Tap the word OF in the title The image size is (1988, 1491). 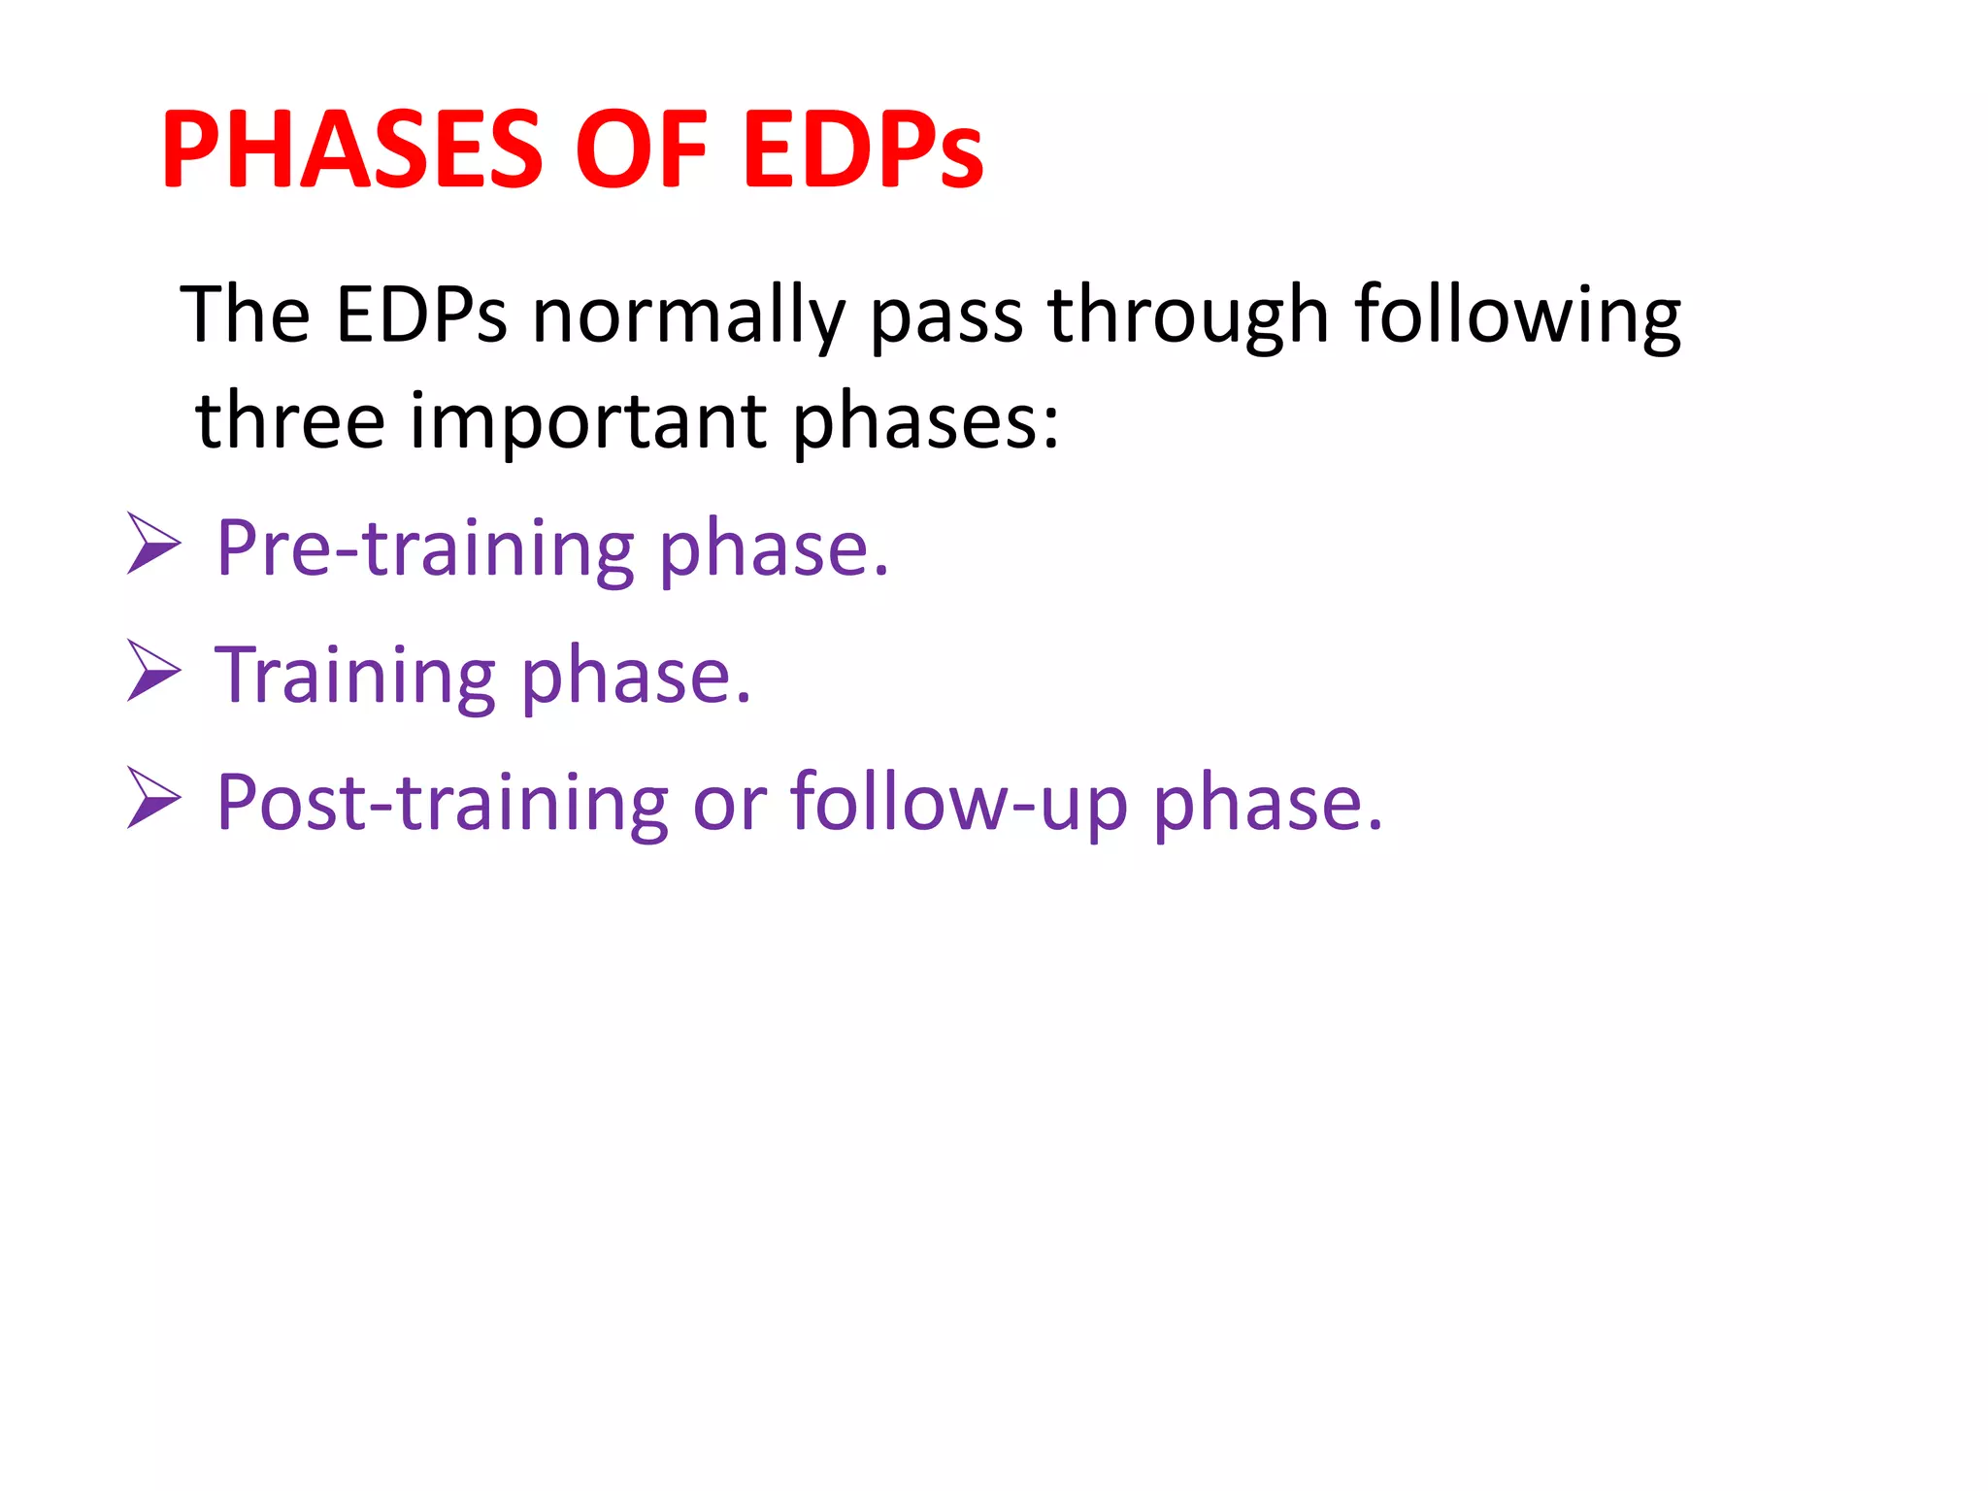[x=642, y=150]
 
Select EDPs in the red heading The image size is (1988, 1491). [x=863, y=150]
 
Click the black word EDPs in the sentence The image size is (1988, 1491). [x=421, y=315]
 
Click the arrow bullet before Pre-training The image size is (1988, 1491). [x=154, y=544]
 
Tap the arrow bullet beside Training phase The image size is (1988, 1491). [x=154, y=671]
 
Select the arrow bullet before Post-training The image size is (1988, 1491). [x=154, y=797]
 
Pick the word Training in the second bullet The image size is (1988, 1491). [x=355, y=677]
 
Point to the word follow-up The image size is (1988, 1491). [x=959, y=803]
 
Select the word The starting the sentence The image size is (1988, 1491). [x=246, y=315]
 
